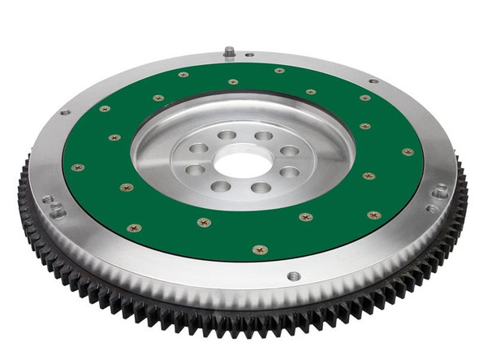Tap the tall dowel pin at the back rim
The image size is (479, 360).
point(229,52)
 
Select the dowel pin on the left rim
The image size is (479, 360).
point(57,209)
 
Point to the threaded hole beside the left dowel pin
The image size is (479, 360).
point(47,198)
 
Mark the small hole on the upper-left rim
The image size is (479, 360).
point(65,112)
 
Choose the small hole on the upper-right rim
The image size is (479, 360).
point(373,81)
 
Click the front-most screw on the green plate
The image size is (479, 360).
point(260,249)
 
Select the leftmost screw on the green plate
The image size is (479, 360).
point(78,167)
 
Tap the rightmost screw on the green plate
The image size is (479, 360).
point(407,152)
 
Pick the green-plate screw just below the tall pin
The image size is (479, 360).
point(233,81)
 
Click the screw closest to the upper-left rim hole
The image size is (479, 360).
point(105,108)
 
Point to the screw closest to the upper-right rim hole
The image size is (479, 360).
point(365,98)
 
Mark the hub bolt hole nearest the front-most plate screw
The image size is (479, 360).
point(260,189)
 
